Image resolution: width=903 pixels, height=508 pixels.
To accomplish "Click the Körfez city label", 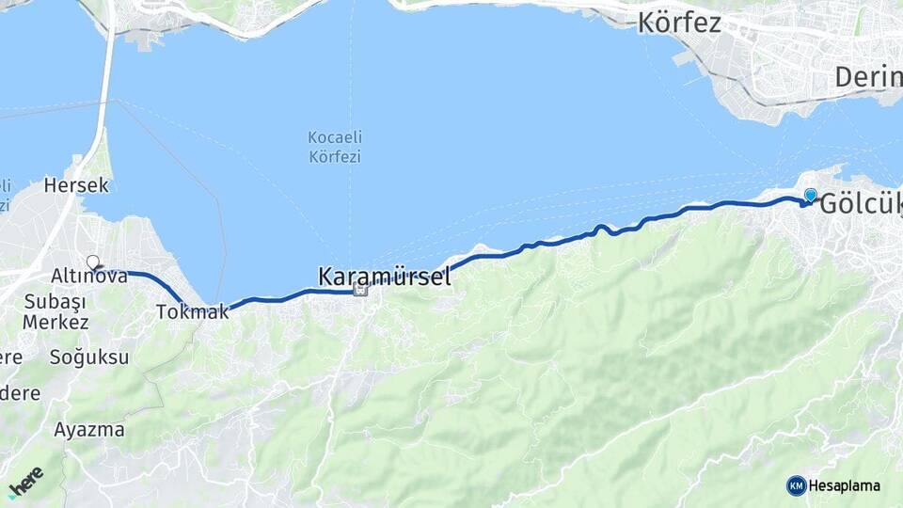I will [679, 23].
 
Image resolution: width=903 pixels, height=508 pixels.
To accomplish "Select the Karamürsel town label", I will [384, 277].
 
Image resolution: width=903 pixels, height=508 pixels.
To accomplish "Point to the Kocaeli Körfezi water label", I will [334, 147].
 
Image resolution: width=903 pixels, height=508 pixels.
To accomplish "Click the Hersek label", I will [76, 185].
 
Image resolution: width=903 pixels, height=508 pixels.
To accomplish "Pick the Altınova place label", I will [90, 277].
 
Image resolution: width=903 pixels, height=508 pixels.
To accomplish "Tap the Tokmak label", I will [192, 312].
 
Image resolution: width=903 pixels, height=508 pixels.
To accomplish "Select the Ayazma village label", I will [88, 430].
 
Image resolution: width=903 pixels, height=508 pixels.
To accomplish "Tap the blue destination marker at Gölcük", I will [810, 195].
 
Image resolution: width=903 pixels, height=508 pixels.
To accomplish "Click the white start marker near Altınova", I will [93, 262].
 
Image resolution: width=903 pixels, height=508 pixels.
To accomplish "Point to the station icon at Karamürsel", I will [359, 291].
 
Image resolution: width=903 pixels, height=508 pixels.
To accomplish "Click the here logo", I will [25, 481].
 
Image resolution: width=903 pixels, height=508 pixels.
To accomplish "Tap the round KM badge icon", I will [796, 485].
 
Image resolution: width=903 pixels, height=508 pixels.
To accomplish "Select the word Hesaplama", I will [844, 485].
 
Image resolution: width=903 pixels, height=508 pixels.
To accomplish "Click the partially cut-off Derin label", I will [867, 77].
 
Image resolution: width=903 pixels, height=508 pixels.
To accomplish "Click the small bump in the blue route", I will [600, 228].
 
